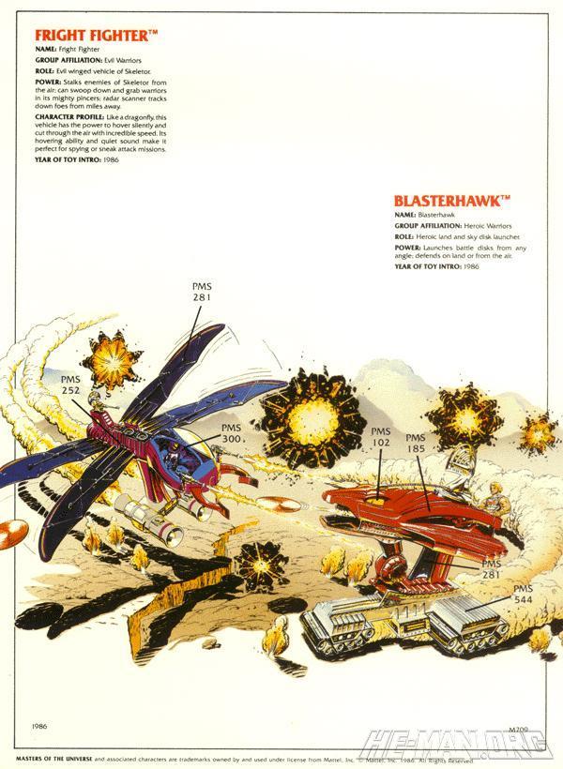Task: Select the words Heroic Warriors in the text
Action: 488,226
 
